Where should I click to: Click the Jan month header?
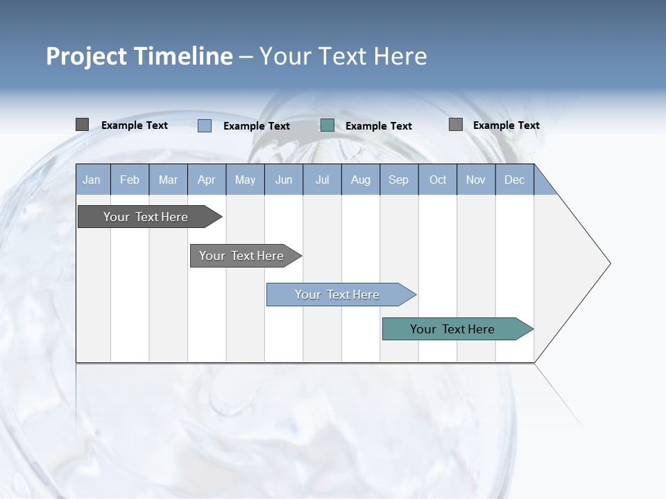[92, 180]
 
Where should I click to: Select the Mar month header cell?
[168, 180]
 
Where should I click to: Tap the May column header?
[245, 180]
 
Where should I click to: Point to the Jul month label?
[322, 180]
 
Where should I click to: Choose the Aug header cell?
[360, 180]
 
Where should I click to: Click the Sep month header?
[398, 180]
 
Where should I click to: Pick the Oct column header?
[438, 180]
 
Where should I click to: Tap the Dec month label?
[514, 180]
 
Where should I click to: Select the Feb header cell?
[130, 180]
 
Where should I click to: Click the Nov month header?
[476, 180]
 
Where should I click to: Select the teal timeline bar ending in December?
[454, 329]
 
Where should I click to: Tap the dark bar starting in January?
[146, 217]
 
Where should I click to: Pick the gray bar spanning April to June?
[242, 256]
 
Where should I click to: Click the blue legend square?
[205, 125]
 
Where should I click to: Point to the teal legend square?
[327, 125]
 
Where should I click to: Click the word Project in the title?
[85, 56]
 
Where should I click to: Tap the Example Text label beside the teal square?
[378, 126]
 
